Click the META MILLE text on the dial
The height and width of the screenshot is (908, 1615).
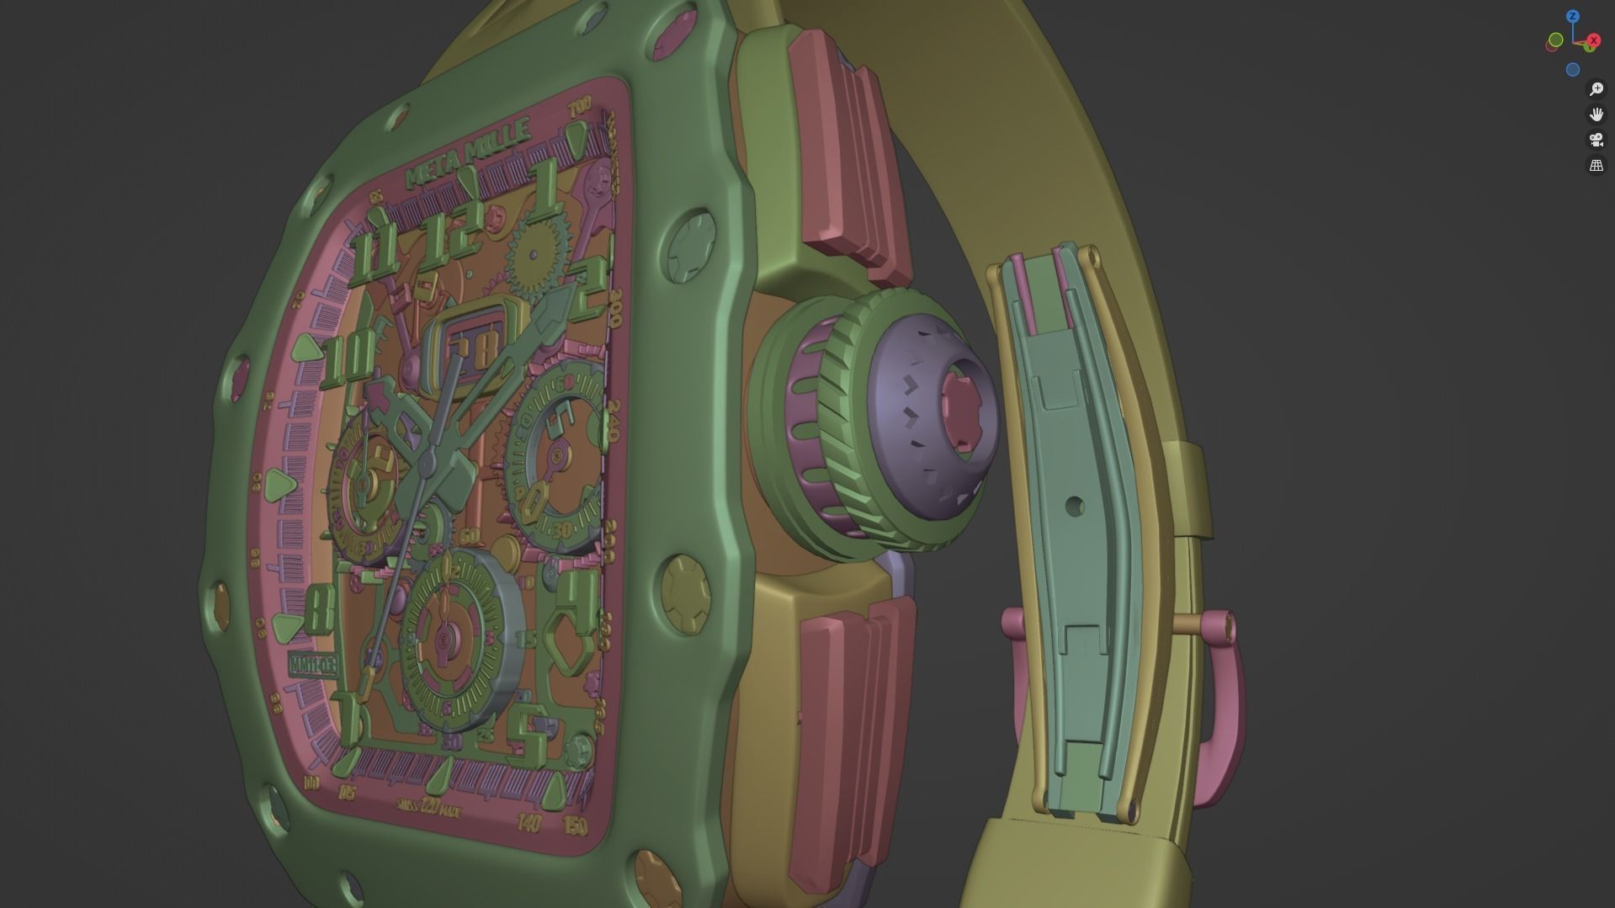click(468, 153)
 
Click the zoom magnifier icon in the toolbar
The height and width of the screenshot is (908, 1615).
click(1596, 89)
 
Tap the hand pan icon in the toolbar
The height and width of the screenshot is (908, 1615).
click(1596, 114)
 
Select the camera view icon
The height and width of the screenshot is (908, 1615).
click(1596, 140)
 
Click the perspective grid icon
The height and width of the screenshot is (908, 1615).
click(1596, 166)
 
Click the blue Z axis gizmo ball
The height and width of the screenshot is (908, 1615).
click(1572, 17)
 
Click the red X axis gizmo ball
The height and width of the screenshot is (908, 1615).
click(1593, 40)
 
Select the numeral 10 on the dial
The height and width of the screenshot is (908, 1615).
click(349, 358)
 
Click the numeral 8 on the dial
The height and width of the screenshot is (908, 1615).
click(320, 608)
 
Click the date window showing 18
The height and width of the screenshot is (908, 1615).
click(475, 348)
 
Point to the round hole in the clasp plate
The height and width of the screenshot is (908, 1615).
click(1074, 507)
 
